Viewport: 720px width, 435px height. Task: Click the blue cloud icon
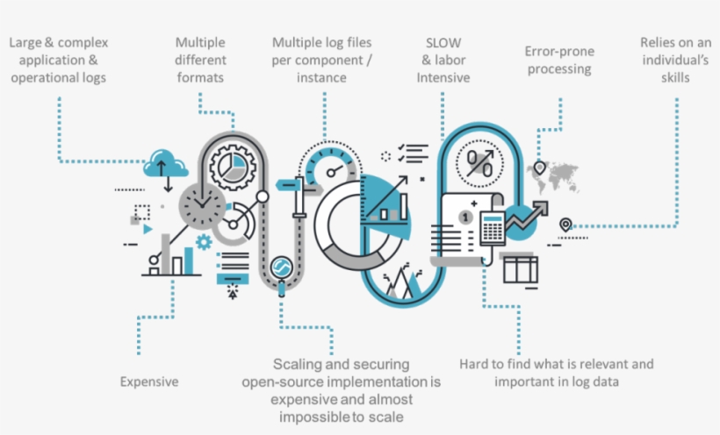[164, 162]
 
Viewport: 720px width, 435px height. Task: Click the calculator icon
[492, 228]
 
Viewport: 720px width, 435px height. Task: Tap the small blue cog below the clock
[205, 241]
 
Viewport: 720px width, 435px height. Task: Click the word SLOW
[443, 42]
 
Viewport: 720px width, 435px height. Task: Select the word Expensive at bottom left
[149, 382]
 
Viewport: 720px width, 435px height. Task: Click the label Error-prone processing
[558, 60]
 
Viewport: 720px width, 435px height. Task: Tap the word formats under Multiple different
[199, 77]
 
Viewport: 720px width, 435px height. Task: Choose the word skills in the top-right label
[676, 77]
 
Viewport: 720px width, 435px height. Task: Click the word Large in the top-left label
[25, 42]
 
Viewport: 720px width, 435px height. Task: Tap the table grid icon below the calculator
[520, 267]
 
